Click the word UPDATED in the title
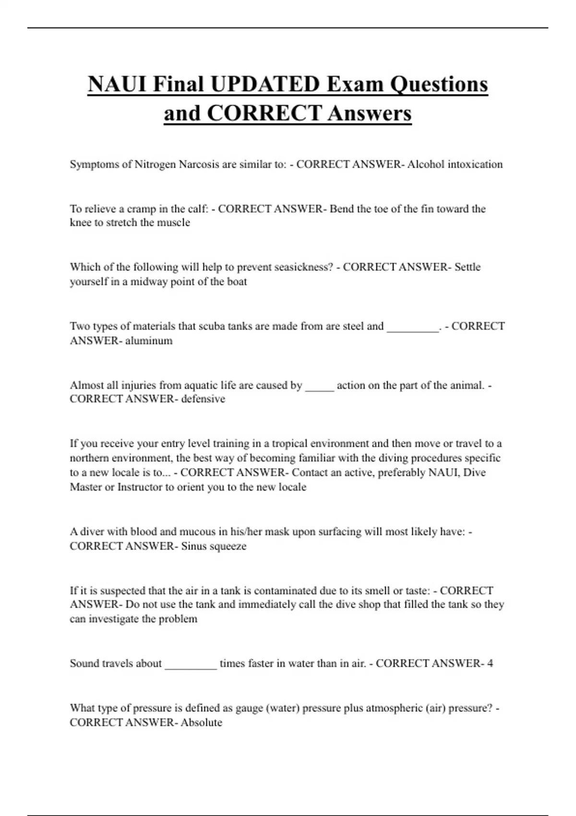coord(265,84)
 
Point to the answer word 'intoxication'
coord(475,165)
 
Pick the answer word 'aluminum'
coord(149,341)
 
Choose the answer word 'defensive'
coord(203,399)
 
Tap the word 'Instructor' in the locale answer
coord(140,487)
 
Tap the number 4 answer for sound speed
coord(490,664)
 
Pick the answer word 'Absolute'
coord(202,723)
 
